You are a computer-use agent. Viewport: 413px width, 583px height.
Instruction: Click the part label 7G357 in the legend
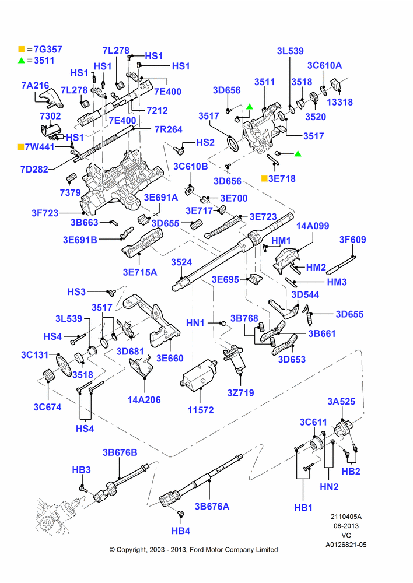pyautogui.click(x=48, y=49)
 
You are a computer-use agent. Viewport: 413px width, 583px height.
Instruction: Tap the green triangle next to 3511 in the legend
pyautogui.click(x=21, y=60)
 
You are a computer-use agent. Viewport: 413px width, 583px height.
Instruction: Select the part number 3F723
pyautogui.click(x=45, y=213)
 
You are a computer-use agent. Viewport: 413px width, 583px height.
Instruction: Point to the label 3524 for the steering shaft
pyautogui.click(x=181, y=262)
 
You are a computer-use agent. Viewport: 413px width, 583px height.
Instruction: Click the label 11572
pyautogui.click(x=201, y=410)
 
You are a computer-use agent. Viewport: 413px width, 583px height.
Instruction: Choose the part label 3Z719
pyautogui.click(x=241, y=392)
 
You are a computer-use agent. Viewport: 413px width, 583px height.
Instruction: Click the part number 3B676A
pyautogui.click(x=212, y=507)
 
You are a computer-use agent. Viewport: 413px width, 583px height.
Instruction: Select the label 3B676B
pyautogui.click(x=120, y=452)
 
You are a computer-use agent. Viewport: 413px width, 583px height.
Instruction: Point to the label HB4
pyautogui.click(x=181, y=531)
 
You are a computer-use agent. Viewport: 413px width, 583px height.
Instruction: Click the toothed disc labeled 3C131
pyautogui.click(x=63, y=365)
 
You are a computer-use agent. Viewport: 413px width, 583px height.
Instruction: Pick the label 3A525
pyautogui.click(x=341, y=402)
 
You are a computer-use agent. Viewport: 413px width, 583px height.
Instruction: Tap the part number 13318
pyautogui.click(x=339, y=102)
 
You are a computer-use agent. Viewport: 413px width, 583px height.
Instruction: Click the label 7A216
pyautogui.click(x=35, y=86)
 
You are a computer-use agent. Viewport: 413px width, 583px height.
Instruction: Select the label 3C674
pyautogui.click(x=47, y=407)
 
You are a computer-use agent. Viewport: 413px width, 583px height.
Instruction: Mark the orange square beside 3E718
pyautogui.click(x=264, y=178)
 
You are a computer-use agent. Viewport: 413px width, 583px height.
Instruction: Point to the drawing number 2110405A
pyautogui.click(x=346, y=517)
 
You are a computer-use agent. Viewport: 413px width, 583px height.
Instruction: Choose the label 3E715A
pyautogui.click(x=140, y=272)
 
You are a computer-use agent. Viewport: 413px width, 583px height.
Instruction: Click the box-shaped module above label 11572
pyautogui.click(x=199, y=376)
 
